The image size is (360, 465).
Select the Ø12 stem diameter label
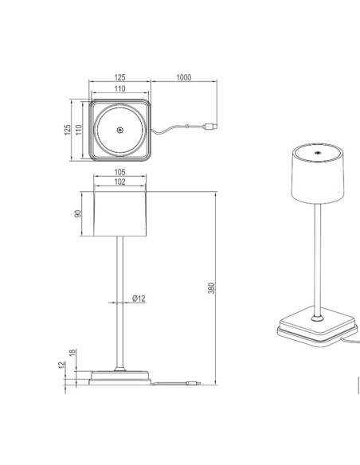pos(139,299)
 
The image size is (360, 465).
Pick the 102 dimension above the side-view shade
pos(119,182)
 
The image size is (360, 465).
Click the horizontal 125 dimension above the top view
pos(119,78)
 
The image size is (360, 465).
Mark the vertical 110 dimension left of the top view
pos(78,128)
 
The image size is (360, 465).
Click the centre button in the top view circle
pos(119,131)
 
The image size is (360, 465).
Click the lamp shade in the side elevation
pos(119,213)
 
